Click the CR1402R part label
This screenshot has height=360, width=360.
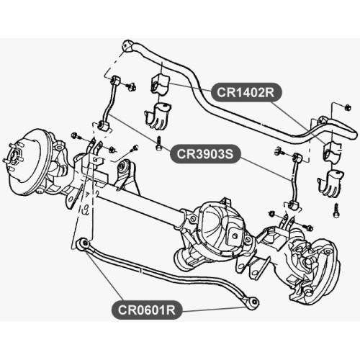coord(246,93)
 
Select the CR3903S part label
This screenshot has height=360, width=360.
coord(205,154)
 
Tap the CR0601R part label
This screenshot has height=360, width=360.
coord(147,310)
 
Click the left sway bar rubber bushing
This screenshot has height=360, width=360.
coord(159,84)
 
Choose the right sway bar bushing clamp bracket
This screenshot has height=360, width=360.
coord(331,183)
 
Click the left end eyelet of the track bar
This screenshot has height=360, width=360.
coord(84,243)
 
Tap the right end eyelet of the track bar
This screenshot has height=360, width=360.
coord(253,303)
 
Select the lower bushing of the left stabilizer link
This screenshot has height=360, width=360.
coord(104,125)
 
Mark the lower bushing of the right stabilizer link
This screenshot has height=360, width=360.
coord(293,207)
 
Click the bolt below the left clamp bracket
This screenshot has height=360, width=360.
coord(158,143)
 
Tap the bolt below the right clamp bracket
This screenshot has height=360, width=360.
coord(337,211)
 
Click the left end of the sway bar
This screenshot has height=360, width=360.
coord(127,46)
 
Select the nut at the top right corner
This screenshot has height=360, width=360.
coord(347,107)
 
